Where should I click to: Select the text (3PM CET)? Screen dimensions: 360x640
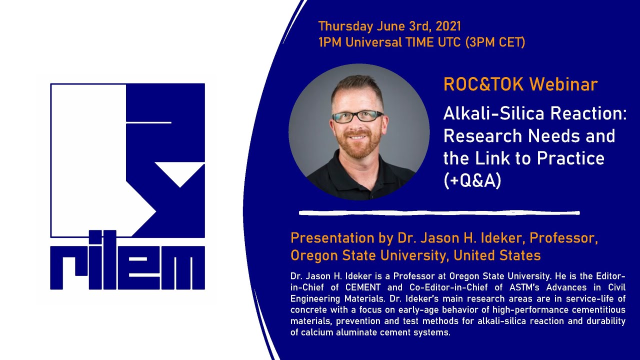495,42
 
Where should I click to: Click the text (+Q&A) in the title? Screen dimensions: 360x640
472,181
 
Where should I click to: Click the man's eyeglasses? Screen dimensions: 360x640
357,116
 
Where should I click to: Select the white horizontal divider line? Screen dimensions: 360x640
439,213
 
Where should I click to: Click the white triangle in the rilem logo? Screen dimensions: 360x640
180,175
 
